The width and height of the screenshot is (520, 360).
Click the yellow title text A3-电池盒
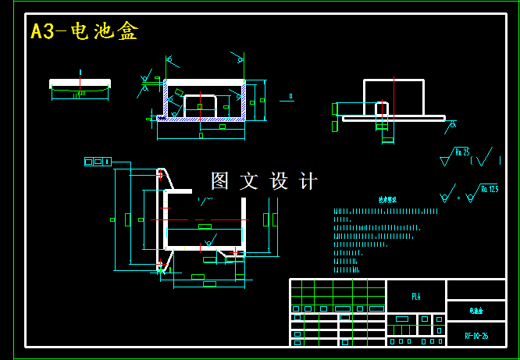tap(84, 31)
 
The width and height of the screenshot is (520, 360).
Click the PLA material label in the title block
tap(415, 296)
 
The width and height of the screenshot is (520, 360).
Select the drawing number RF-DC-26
tap(476, 336)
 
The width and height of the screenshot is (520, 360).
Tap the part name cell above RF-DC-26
tap(476, 311)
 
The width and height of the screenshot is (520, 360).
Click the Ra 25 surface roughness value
tap(462, 152)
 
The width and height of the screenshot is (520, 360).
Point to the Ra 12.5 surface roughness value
tap(489, 188)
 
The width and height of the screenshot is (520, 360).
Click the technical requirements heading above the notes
tap(387, 200)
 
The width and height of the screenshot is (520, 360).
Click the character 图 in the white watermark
tap(220, 181)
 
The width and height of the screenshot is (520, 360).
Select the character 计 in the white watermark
tap(309, 181)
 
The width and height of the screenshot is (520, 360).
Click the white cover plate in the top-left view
tap(80, 83)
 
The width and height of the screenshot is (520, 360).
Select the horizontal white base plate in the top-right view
tap(394, 119)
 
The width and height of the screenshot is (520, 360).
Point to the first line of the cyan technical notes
tap(386, 211)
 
